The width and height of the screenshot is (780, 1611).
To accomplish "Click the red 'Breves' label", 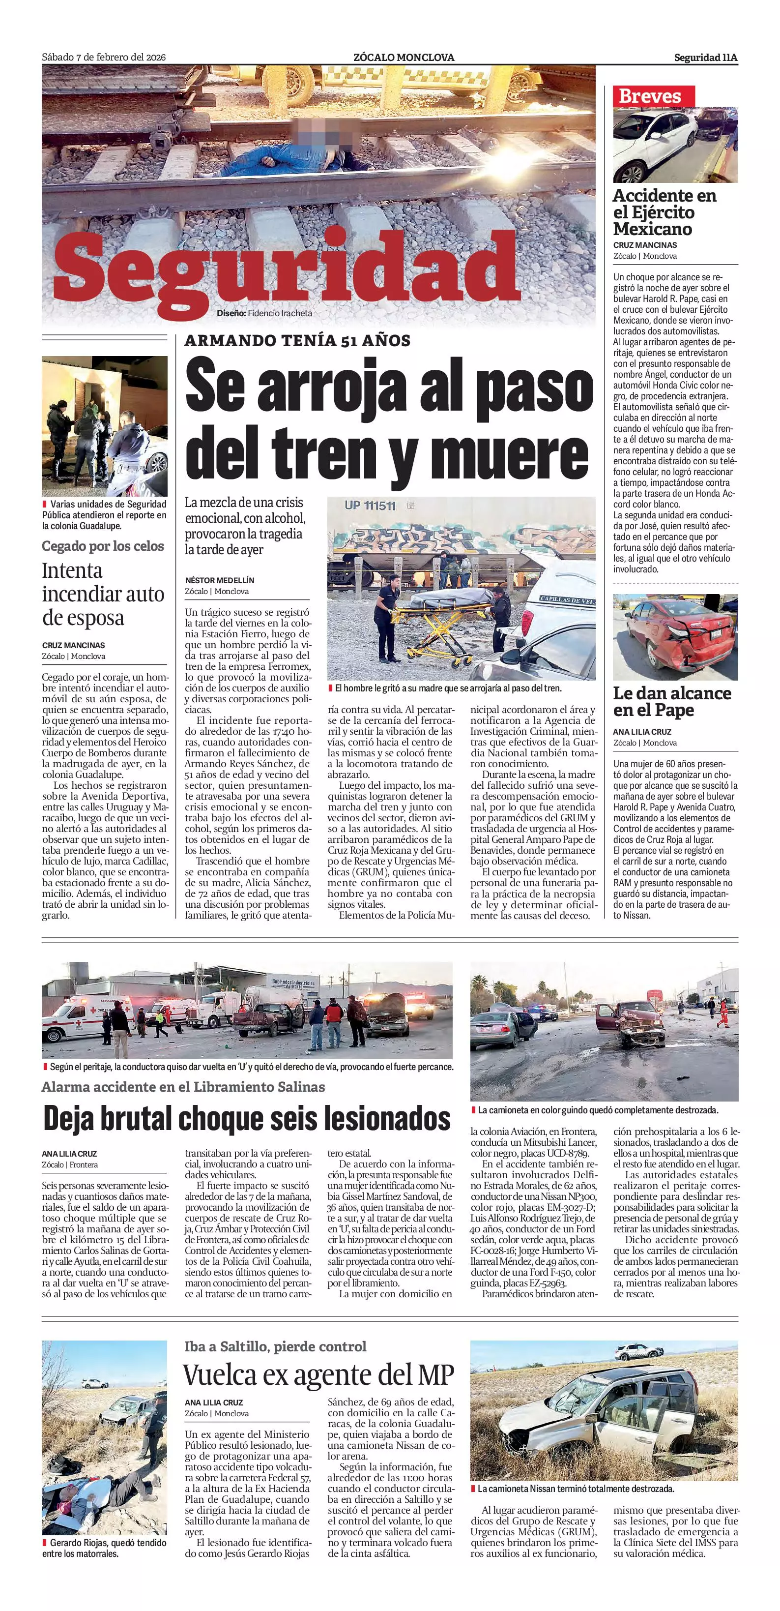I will click(x=649, y=96).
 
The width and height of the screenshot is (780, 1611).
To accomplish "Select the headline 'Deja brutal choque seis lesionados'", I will click(x=246, y=1119).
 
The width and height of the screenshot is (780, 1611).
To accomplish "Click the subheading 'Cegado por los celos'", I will click(x=103, y=546).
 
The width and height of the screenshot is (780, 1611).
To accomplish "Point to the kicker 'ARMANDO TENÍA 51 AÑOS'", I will click(x=297, y=341).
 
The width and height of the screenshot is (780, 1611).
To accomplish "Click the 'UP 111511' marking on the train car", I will click(x=370, y=506).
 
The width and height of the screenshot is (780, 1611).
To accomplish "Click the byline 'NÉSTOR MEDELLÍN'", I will click(x=219, y=580).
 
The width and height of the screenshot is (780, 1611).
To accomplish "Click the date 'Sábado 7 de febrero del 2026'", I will click(x=104, y=57).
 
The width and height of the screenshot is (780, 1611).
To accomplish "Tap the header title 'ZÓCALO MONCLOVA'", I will click(x=404, y=58).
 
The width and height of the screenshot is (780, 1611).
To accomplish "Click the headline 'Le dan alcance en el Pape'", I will click(x=672, y=701).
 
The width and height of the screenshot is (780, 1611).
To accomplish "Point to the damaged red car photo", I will click(x=675, y=637).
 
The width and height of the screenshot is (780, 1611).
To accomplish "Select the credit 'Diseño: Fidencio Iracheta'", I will click(x=264, y=313).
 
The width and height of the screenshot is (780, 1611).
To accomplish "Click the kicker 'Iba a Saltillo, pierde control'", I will click(x=275, y=1346).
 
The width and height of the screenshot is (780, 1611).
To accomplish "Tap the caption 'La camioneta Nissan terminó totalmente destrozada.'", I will click(x=576, y=1489).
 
